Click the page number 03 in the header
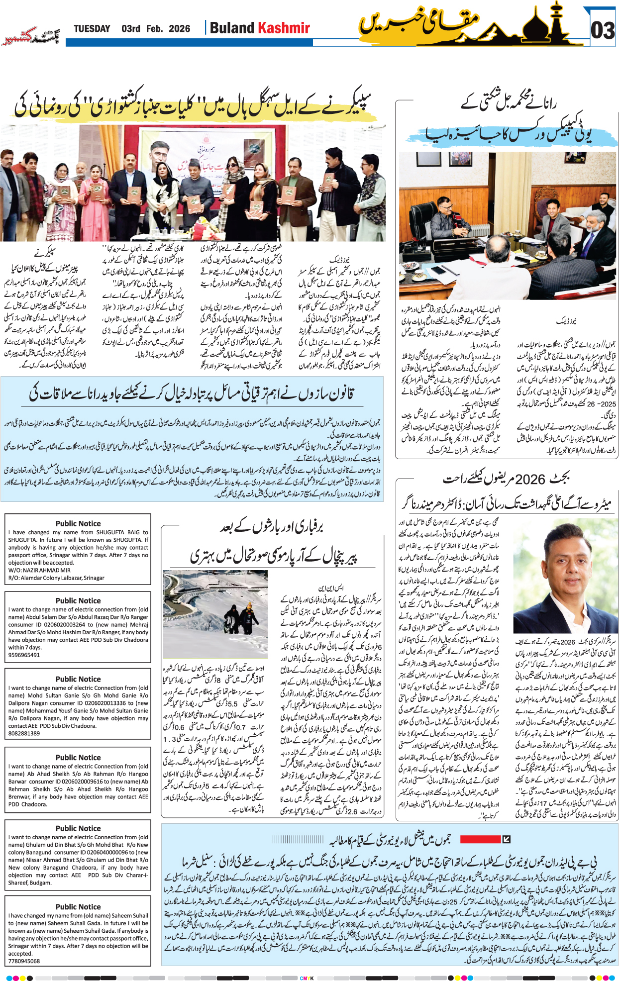[x=603, y=31]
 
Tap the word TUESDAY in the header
[x=92, y=29]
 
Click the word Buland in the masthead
[x=232, y=28]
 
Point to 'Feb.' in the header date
[x=154, y=29]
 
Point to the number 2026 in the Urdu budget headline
[x=530, y=480]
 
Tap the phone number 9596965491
[x=24, y=655]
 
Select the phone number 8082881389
[x=24, y=733]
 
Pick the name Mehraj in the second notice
[x=139, y=625]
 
